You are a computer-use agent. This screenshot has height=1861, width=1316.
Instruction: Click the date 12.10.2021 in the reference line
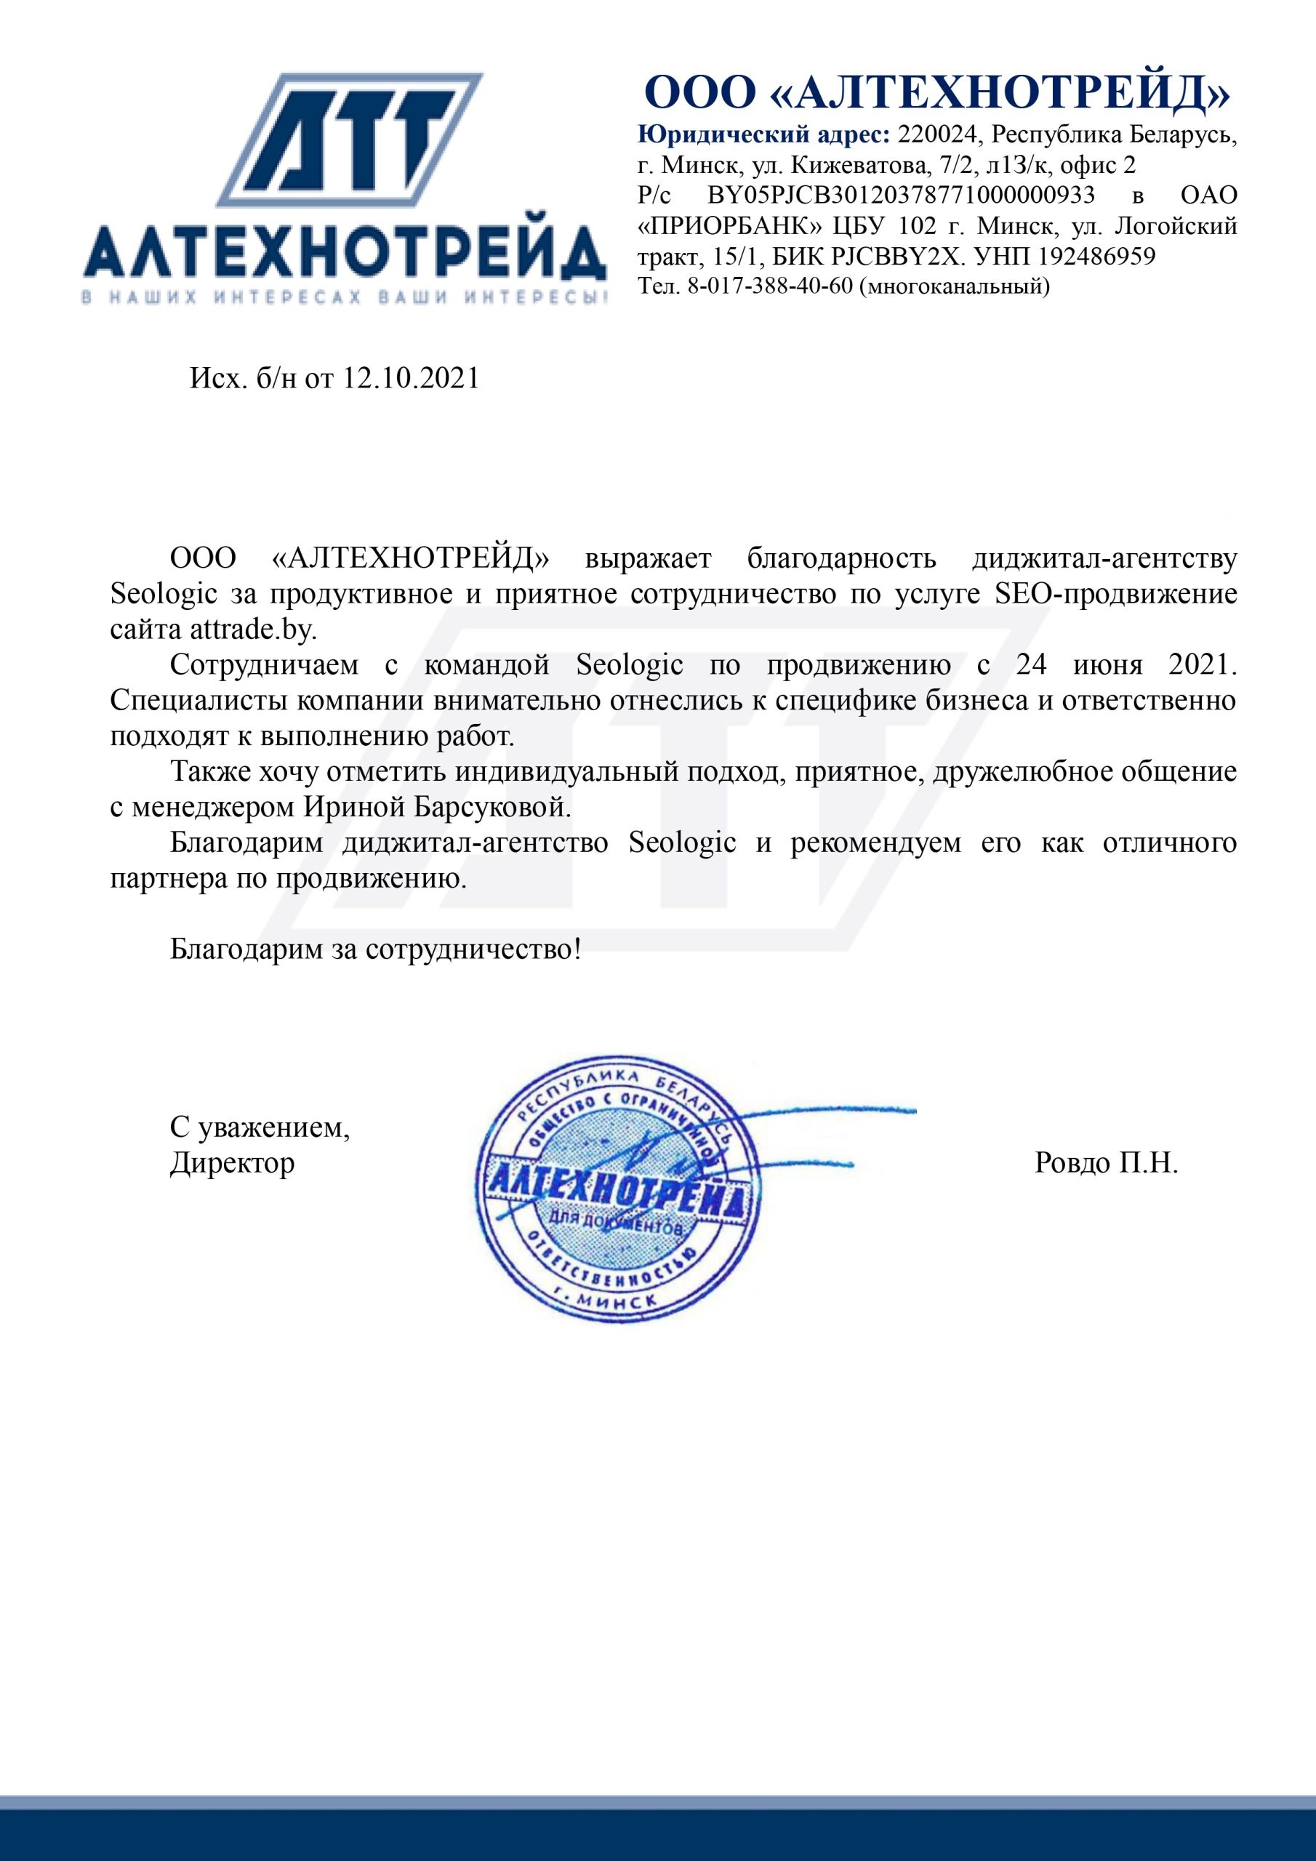coord(411,379)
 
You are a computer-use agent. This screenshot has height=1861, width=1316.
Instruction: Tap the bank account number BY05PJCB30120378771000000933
coord(901,196)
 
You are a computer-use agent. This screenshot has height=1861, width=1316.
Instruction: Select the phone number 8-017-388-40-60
coord(770,286)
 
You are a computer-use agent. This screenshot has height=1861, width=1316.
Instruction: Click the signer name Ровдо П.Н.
coord(1106,1164)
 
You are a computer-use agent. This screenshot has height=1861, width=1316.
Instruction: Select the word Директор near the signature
coord(232,1164)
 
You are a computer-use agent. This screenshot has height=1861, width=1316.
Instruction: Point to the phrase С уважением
coord(260,1128)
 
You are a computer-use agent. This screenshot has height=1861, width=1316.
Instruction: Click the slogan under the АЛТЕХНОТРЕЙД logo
coord(345,297)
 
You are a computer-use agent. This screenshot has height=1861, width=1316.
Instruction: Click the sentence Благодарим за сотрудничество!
coord(375,949)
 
